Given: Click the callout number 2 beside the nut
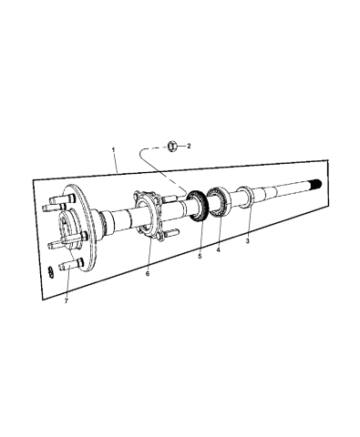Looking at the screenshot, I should (x=189, y=145).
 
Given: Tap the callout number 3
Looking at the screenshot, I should (x=247, y=241).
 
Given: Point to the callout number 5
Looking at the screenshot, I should (x=201, y=256).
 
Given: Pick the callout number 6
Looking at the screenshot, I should (x=148, y=272).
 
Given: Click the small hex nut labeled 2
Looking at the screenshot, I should (x=172, y=144).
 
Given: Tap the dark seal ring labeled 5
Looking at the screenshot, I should (x=194, y=204).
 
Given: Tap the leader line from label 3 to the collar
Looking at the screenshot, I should (x=247, y=223).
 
